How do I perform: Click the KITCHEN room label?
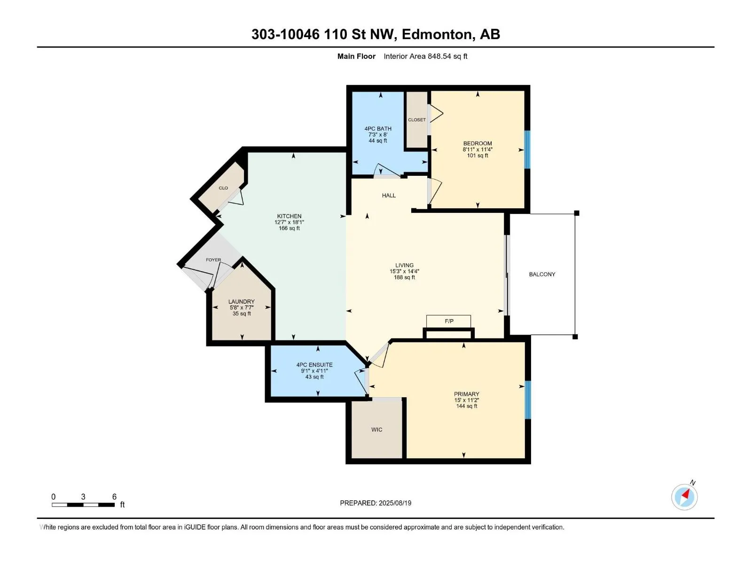tap(289, 216)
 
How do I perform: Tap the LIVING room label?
tap(404, 265)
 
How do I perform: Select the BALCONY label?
tap(542, 274)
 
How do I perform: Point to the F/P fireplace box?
tap(448, 321)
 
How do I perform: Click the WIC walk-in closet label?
tap(376, 430)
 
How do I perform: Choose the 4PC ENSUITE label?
tap(314, 365)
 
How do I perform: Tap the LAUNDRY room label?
tap(242, 301)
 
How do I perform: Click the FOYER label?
tap(213, 259)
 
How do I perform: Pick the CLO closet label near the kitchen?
tap(223, 188)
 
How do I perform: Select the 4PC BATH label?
tap(378, 128)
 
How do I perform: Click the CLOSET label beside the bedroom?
tap(417, 120)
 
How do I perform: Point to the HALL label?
tap(389, 196)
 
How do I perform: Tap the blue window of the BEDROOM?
tap(528, 149)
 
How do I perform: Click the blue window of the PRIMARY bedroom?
tap(528, 399)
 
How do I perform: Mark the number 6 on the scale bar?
tap(114, 496)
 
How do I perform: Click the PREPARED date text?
tap(376, 503)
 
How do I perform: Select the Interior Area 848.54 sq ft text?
tap(425, 56)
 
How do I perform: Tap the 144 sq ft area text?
tap(467, 406)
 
